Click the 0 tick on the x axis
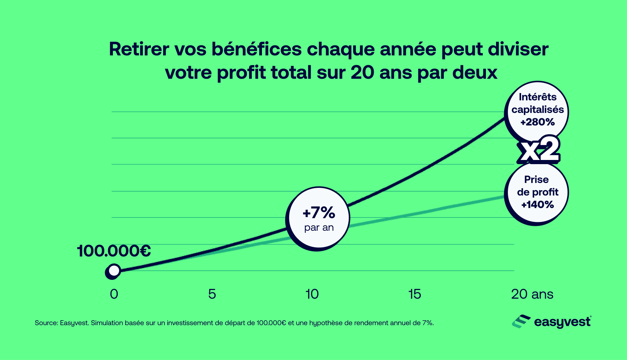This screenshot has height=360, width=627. pos(114,294)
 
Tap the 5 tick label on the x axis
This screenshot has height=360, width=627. pos(212,294)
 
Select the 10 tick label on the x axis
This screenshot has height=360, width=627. pos(312,294)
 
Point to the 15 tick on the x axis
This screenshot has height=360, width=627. pos(415,294)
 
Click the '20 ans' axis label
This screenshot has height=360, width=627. pos(532,294)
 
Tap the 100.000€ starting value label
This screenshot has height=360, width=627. pos(114,251)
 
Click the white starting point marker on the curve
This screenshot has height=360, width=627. pos(114,271)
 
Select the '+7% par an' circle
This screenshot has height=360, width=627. pos(318,219)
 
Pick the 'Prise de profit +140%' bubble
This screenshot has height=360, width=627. pos(537,194)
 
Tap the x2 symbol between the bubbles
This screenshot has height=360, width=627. pos(539,150)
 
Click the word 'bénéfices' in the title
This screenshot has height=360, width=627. pos(256,49)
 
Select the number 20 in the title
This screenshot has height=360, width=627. pos(362,72)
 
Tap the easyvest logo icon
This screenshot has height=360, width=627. pos(521,321)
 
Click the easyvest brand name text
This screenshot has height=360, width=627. pos(562,322)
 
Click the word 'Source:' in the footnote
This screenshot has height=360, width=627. pos(46,323)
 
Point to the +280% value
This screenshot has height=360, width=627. pos(537,122)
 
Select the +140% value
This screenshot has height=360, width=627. pos(537,205)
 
